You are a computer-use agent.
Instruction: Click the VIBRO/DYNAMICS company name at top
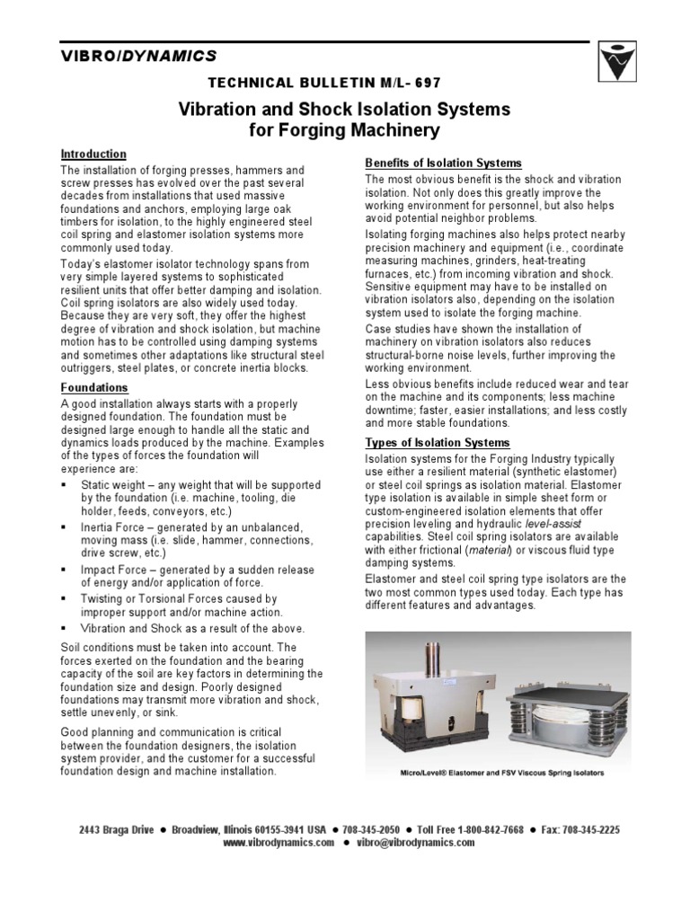(138, 56)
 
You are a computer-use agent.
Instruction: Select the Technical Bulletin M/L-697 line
(324, 83)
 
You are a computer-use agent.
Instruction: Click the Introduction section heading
(93, 155)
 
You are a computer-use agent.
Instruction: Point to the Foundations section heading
(93, 388)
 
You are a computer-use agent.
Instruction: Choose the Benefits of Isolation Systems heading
(443, 163)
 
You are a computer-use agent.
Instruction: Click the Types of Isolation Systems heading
(437, 443)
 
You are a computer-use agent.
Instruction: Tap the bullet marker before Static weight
(66, 486)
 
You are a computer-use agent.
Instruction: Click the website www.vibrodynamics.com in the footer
(279, 844)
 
